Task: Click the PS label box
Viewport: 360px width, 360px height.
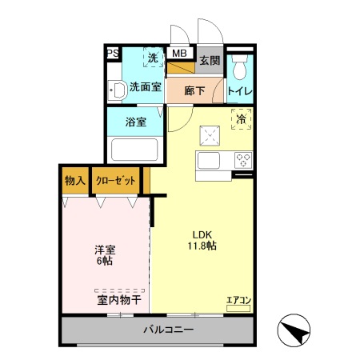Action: coord(113,54)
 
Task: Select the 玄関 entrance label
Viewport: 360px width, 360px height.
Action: coord(210,61)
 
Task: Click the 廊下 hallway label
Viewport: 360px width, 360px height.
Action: coord(195,90)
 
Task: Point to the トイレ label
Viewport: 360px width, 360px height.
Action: coord(240,90)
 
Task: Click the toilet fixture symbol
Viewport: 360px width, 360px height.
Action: coord(240,64)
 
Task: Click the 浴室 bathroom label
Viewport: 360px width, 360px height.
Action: coord(135,122)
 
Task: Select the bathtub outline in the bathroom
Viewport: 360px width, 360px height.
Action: coord(135,150)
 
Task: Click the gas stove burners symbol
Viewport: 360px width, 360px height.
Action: coord(243,159)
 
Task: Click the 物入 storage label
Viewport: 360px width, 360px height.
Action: coord(75,180)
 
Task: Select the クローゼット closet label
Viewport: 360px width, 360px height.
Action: coord(116,180)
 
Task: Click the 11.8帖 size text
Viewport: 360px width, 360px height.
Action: coord(202,246)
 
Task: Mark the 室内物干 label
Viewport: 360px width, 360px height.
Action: coord(120,300)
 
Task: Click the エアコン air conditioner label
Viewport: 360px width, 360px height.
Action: coord(238,301)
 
